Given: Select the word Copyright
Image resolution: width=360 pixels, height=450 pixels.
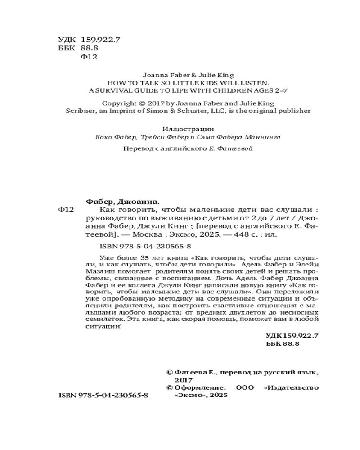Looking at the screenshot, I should tap(119, 103).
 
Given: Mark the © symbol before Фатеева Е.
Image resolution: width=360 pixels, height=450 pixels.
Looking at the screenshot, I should tap(170, 373).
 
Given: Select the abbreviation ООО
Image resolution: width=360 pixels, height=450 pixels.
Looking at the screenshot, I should tap(245, 387).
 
